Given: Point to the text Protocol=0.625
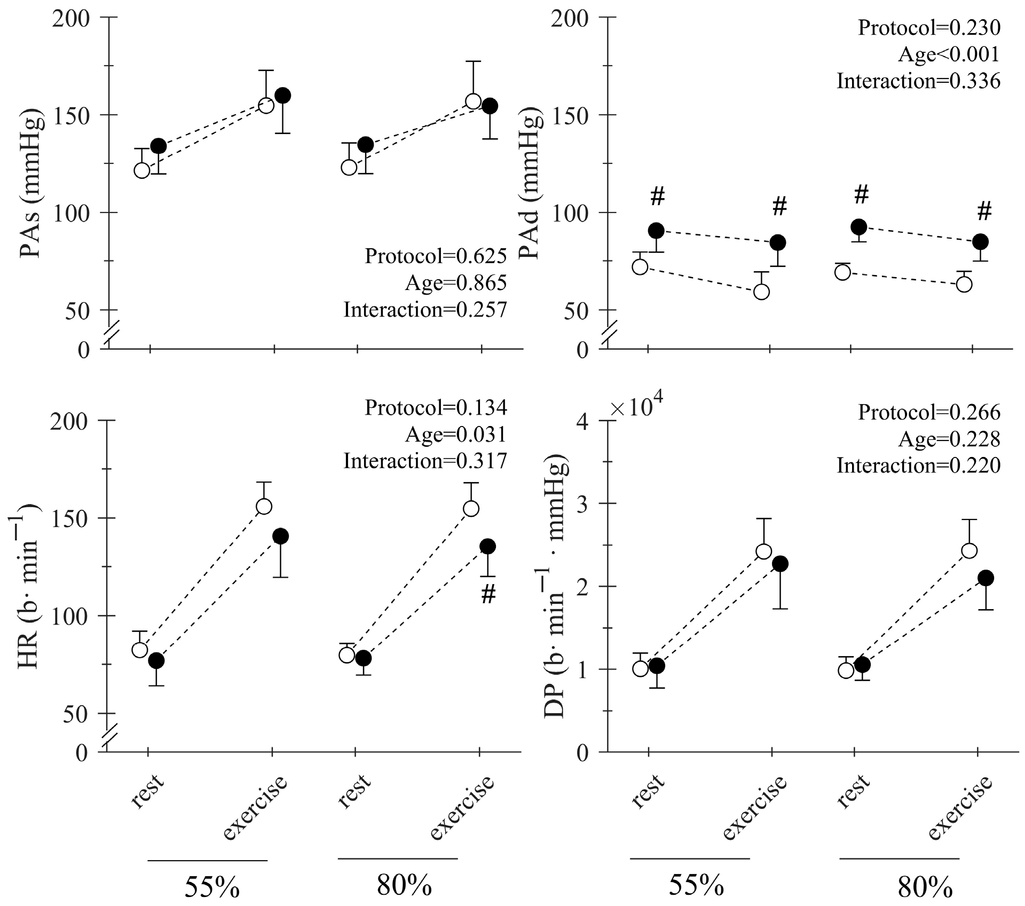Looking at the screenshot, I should (436, 256).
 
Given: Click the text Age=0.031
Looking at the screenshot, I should (455, 435).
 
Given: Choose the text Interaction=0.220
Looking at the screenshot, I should (918, 466).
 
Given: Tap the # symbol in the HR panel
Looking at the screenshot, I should (488, 594).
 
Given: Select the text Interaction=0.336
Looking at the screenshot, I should (918, 81).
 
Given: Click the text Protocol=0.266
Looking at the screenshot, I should (929, 412).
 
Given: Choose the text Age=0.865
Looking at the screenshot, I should (455, 283).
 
